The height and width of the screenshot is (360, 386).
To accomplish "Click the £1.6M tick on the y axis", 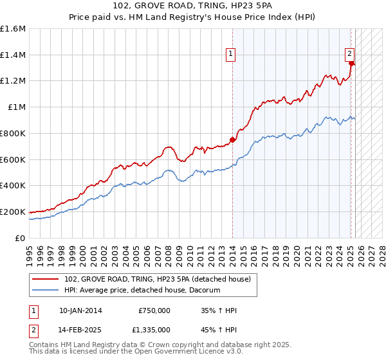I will (x=13, y=29).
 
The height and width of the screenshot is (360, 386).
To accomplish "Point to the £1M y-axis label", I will (x=17, y=107).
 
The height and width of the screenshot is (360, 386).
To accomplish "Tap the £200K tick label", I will (x=13, y=212).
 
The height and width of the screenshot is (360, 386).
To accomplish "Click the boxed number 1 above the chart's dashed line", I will (x=230, y=55).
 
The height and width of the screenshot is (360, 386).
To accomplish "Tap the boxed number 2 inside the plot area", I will (x=349, y=54).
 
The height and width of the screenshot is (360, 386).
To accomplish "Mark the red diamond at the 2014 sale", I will (x=232, y=139).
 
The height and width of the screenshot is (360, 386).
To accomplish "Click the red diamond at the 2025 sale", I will (x=351, y=63).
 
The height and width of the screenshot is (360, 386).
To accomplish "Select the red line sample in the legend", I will (x=46, y=279).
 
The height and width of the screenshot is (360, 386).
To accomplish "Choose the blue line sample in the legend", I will (x=46, y=290).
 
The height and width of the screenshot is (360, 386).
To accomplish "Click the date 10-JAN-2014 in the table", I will (x=80, y=310).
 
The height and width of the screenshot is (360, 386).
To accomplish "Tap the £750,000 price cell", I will (x=154, y=310).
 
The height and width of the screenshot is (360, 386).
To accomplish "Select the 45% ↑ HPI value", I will (x=219, y=329).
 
